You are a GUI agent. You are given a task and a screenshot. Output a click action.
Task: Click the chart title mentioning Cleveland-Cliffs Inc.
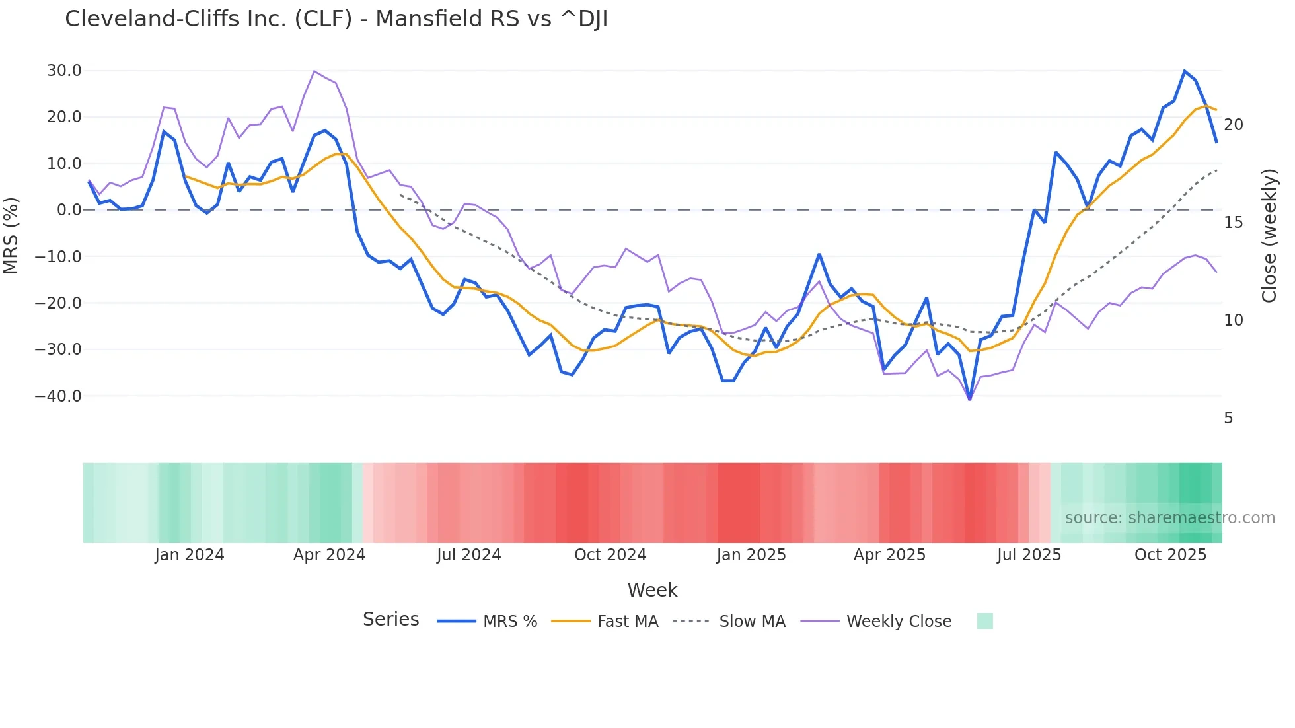click(336, 19)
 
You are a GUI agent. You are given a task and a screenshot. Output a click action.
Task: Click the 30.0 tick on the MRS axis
click(64, 71)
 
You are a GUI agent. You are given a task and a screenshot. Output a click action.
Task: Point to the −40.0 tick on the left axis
click(58, 396)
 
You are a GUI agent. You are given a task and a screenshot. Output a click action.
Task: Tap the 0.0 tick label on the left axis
click(69, 210)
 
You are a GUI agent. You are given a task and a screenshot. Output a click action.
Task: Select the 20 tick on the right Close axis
click(1233, 125)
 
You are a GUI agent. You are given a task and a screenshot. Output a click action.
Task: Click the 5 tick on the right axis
click(1228, 418)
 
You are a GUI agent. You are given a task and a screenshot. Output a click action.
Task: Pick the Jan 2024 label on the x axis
click(190, 555)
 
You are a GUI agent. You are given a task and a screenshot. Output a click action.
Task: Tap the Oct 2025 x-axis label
click(1170, 555)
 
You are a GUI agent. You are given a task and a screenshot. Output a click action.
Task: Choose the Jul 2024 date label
click(468, 555)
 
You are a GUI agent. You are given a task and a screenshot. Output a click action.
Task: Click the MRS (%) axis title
click(11, 235)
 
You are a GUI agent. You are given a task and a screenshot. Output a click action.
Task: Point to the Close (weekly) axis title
click(1269, 236)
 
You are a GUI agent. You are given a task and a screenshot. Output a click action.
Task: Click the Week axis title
click(652, 590)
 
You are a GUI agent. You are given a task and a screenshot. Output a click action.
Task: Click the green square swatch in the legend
click(984, 622)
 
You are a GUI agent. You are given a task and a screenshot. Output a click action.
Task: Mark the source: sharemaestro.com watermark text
click(1169, 518)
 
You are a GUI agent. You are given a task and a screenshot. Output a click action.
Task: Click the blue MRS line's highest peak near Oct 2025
click(1185, 71)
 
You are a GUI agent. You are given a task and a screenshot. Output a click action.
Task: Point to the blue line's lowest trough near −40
click(969, 399)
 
